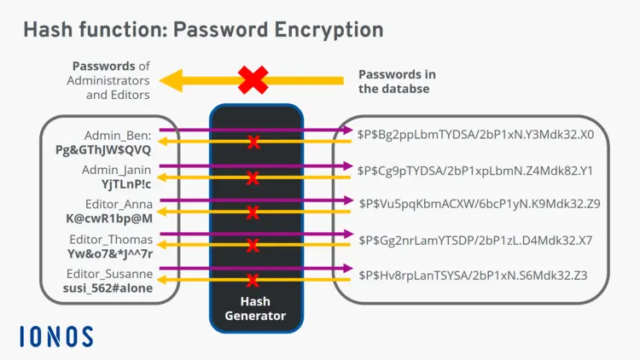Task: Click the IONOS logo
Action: tap(56, 336)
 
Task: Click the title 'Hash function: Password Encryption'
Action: tap(203, 30)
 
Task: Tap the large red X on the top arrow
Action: tap(253, 80)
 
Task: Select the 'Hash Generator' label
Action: tap(255, 309)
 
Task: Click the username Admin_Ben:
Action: tap(118, 136)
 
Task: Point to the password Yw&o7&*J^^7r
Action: tap(110, 253)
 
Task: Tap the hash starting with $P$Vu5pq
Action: tap(480, 204)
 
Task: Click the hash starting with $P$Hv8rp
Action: tap(473, 275)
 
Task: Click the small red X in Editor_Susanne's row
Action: tap(253, 280)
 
